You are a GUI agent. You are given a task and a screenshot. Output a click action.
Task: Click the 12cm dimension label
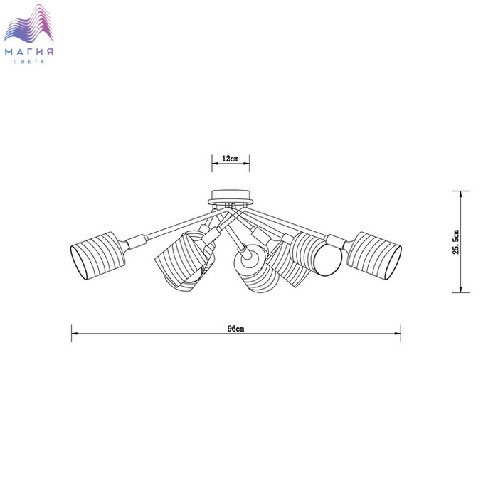point(231,158)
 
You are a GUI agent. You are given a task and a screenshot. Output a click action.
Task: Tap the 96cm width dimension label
point(236,329)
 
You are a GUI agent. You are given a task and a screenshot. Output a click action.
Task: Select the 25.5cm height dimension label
point(456,242)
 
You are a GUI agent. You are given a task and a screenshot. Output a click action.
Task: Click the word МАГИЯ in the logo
point(29,52)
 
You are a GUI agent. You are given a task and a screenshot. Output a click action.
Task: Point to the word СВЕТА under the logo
point(29,62)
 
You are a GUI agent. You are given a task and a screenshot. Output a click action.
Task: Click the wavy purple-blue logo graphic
point(28,23)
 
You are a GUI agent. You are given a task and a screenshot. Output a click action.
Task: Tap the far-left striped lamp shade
point(97,255)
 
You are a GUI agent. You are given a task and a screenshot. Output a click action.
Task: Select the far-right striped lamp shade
point(374,256)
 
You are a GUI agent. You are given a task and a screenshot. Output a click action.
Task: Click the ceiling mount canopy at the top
point(231,198)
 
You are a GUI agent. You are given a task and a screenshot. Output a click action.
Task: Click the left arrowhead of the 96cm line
point(75,334)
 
